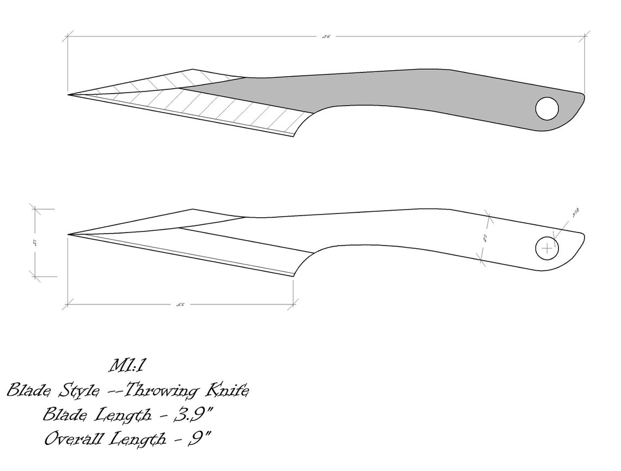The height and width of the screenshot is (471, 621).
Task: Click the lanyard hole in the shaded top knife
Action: [547, 109]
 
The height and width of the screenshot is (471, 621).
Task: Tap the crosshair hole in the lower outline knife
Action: [547, 249]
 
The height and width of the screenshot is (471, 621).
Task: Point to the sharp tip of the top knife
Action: [69, 95]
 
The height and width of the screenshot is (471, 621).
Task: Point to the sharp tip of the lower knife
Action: [69, 235]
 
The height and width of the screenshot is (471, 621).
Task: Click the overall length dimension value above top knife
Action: [326, 36]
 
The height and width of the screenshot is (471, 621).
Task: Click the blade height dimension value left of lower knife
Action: [35, 242]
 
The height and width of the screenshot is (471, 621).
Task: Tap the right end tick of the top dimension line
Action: [585, 36]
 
